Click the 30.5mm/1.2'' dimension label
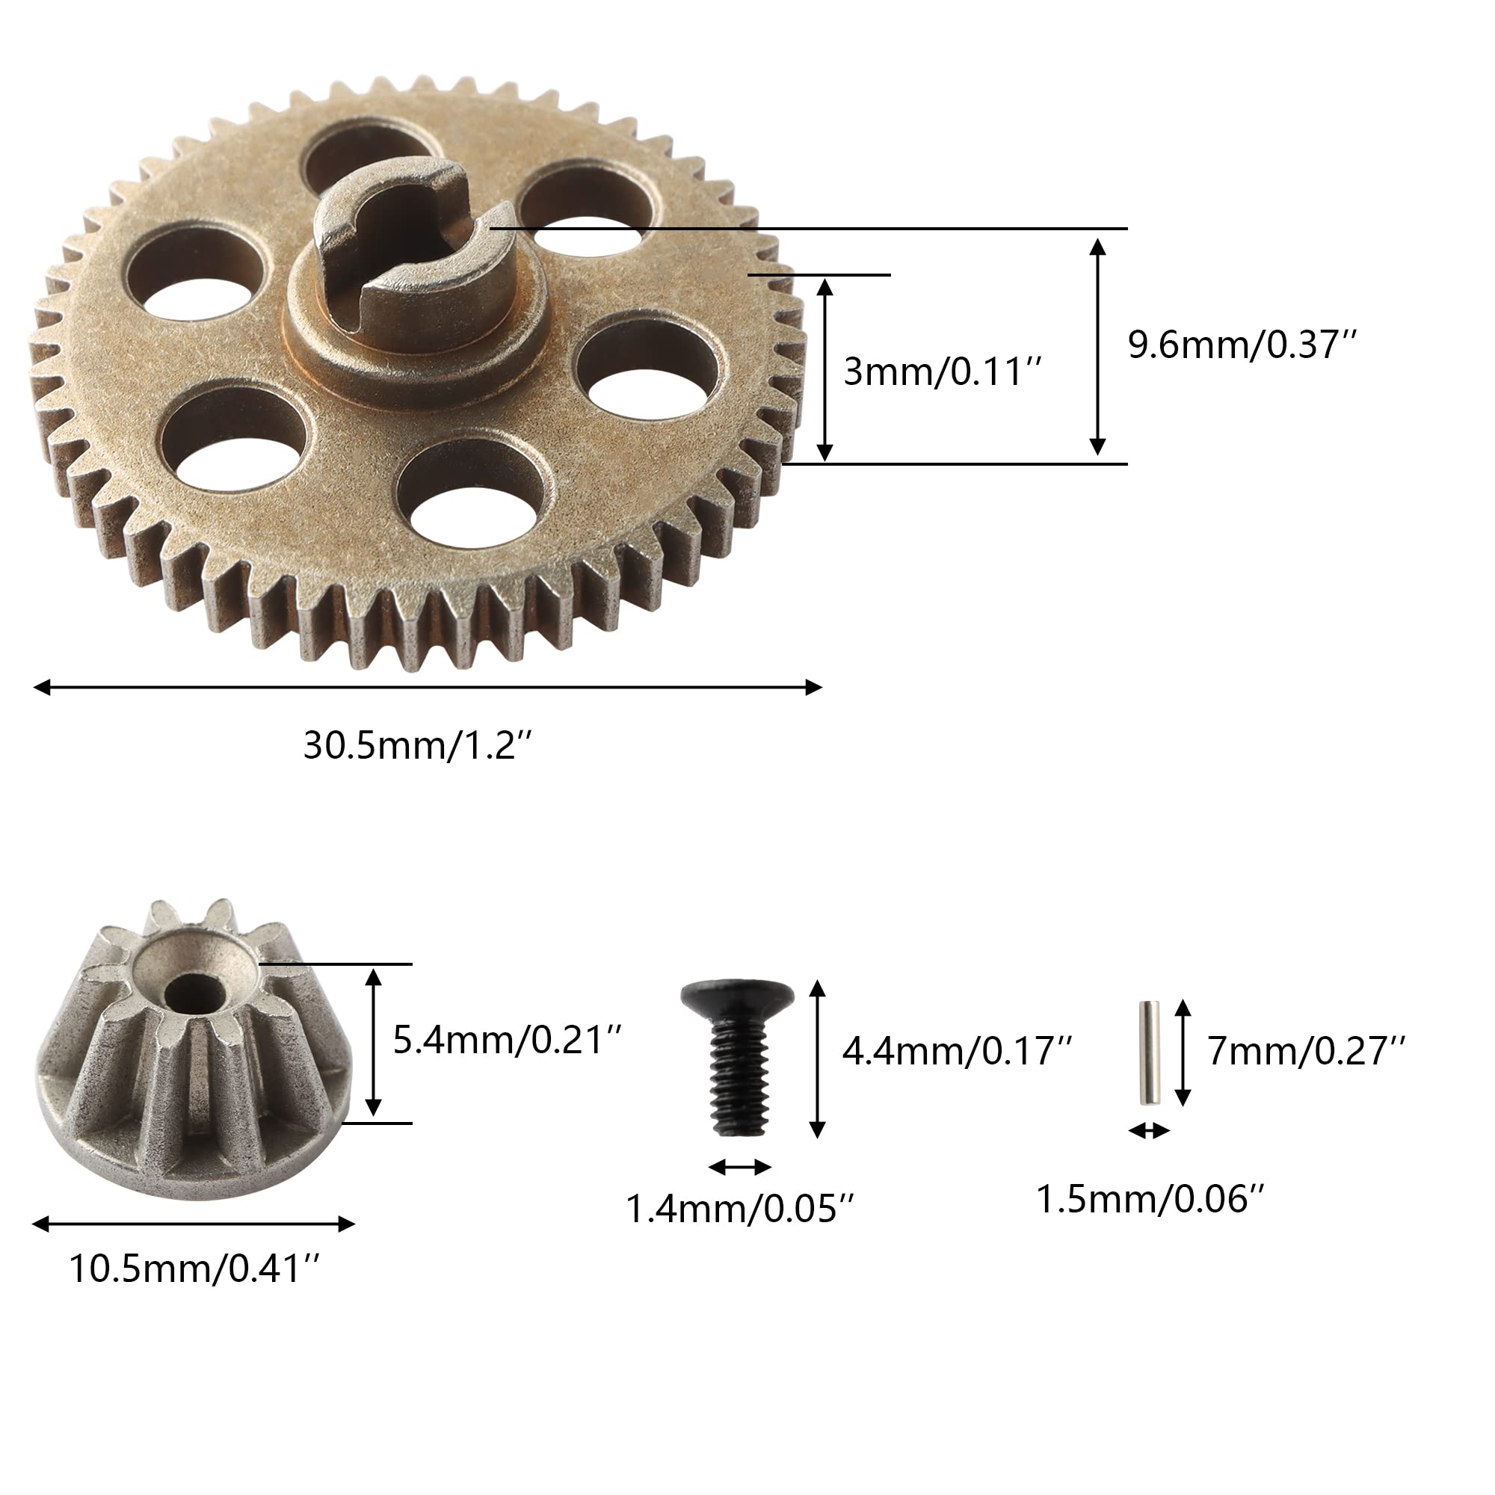pos(418,747)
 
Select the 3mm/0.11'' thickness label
pos(943,372)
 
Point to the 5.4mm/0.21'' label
pos(508,1041)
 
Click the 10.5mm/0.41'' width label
pos(194,1270)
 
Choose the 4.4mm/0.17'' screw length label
pos(958,1052)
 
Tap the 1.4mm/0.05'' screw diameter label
pos(739,1209)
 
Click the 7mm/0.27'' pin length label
pos(1307,1052)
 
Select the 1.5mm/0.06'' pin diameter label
pos(1150,1200)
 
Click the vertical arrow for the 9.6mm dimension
pos(1097,347)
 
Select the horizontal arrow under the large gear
pos(427,687)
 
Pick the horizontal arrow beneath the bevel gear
pos(194,1224)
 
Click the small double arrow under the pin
pos(1149,1132)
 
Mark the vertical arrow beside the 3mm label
pos(825,370)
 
